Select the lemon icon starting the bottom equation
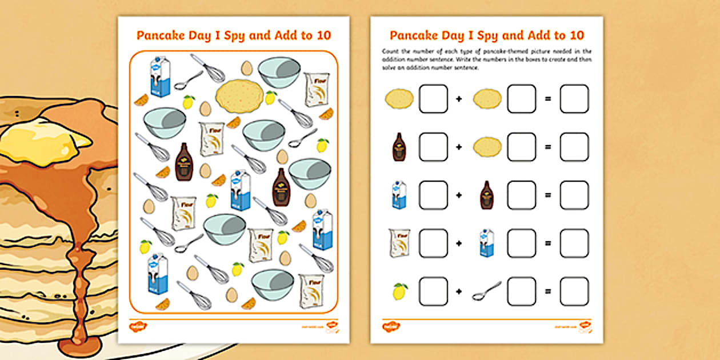pos(400,291)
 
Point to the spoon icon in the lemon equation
pos(487,291)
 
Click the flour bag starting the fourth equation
pos(399,243)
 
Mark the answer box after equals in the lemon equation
pos(574,291)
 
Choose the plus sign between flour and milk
pos(458,243)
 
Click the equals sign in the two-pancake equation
pos(547,99)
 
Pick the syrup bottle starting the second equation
pos(399,147)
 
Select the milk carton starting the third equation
pos(399,195)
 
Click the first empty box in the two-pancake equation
pos(433,99)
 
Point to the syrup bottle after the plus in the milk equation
pos(487,195)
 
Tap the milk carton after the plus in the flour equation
pos(487,243)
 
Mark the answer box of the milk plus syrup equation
pos(574,195)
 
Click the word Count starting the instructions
pos(390,51)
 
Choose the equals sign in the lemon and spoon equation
pos(547,291)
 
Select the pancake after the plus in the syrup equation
pos(487,147)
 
